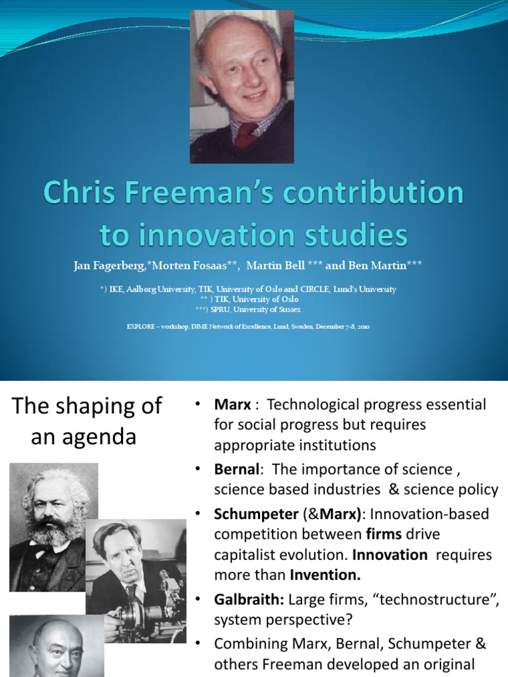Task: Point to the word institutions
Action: click(338, 445)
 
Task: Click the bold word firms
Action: click(380, 533)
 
